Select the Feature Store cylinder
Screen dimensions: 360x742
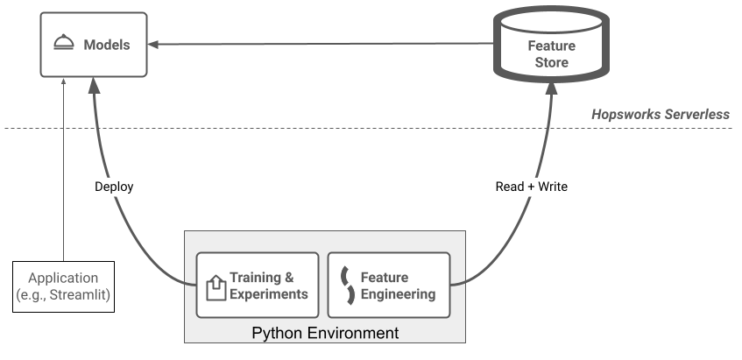551,50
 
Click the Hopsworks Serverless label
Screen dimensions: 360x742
660,115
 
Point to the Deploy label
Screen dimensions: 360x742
115,187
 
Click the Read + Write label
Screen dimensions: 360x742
533,187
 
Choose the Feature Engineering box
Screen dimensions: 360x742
387,286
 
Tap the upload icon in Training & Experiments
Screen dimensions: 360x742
215,286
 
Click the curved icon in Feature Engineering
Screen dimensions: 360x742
347,286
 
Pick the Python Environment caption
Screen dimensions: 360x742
325,333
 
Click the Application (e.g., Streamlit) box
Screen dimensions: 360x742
64,286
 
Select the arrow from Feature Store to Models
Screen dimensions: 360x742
315,44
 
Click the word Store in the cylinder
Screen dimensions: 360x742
552,62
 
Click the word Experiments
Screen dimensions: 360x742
269,294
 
